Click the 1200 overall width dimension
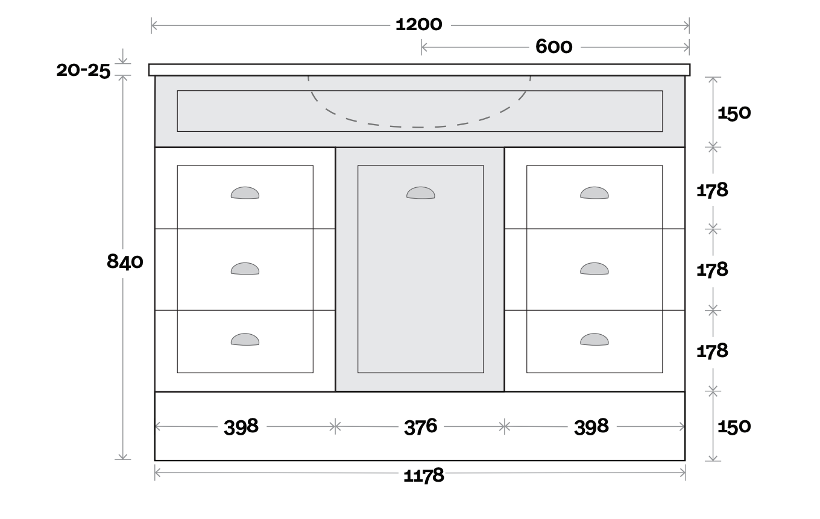click(x=419, y=25)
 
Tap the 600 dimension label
click(x=554, y=47)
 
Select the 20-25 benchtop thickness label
click(x=83, y=70)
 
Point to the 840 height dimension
click(x=125, y=262)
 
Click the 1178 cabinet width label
click(x=423, y=476)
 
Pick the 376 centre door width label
click(x=421, y=426)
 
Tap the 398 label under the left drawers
click(x=241, y=426)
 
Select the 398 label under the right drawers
click(x=591, y=426)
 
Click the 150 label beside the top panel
click(x=734, y=113)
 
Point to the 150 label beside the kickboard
click(x=734, y=426)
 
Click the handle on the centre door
click(x=421, y=193)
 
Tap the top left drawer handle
click(x=245, y=193)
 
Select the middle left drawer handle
click(x=245, y=269)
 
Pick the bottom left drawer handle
click(x=245, y=340)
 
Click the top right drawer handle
click(x=594, y=193)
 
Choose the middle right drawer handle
click(x=594, y=269)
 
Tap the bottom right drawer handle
click(x=594, y=340)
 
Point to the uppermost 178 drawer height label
click(x=713, y=190)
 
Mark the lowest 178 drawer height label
click(x=713, y=351)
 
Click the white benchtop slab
click(x=420, y=70)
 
